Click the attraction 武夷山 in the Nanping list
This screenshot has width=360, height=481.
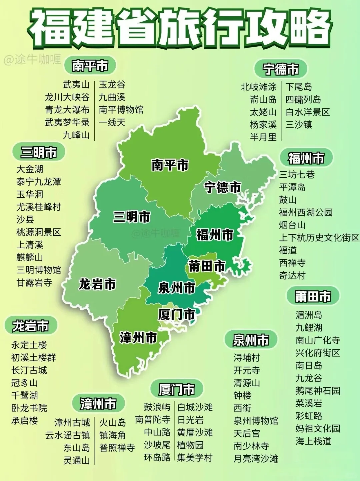(76, 84)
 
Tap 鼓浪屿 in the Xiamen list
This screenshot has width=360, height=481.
(157, 407)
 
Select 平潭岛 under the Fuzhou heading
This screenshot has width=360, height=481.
(292, 187)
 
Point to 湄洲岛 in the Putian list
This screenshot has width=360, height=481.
(309, 315)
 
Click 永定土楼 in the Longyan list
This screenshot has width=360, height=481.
(29, 345)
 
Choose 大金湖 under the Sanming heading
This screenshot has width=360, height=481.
(30, 169)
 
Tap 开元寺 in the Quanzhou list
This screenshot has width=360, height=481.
(247, 370)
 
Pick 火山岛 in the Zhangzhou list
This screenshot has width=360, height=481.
(113, 423)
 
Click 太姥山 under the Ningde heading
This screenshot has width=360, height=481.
(263, 112)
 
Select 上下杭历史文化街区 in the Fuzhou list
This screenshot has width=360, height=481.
(319, 238)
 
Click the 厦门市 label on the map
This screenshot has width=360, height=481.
(176, 314)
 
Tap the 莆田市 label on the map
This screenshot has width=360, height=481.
(207, 266)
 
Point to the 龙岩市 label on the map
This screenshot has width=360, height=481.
(97, 284)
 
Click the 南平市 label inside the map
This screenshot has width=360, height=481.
(170, 165)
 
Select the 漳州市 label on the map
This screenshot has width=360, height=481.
(138, 338)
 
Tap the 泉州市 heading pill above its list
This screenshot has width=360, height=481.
(251, 340)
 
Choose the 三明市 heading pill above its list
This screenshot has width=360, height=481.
(39, 152)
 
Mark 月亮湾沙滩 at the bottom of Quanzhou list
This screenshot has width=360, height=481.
(256, 459)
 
